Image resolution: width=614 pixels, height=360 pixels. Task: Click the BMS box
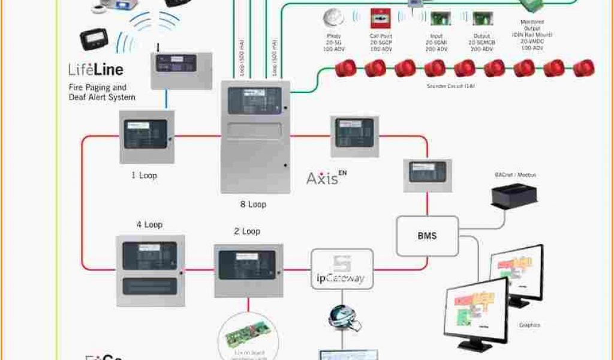427,236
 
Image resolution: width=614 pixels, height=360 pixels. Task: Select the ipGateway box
342,269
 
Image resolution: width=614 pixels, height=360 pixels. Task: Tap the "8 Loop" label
254,205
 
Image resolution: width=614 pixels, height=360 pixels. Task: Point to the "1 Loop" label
144,176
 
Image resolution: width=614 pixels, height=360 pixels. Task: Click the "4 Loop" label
149,225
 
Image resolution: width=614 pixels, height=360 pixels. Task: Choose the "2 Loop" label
247,231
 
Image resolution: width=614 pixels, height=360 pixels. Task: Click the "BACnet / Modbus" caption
515,175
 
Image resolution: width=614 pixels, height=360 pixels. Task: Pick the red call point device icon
378,18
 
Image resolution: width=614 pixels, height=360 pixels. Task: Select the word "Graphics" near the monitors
529,325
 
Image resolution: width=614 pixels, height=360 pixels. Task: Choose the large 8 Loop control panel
255,137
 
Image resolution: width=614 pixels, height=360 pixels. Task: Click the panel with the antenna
180,70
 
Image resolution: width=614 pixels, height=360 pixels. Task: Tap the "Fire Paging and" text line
97,88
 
